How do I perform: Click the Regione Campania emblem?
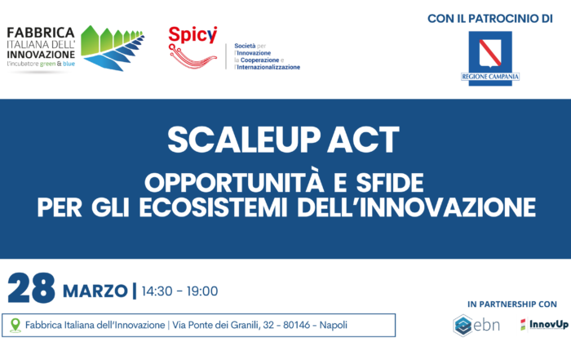490,58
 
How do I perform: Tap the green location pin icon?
15,325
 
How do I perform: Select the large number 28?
31,288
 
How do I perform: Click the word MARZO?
95,291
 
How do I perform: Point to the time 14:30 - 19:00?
179,291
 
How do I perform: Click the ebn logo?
476,325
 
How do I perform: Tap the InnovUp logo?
544,324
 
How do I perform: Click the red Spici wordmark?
193,34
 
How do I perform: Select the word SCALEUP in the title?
244,140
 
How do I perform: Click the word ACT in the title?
363,140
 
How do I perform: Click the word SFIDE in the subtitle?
390,183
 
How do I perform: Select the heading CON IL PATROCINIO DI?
490,19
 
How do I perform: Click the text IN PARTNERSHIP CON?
512,304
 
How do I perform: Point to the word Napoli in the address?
333,325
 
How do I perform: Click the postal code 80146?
296,325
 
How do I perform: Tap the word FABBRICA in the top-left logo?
41,33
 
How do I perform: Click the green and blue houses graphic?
113,48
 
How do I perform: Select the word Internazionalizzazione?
268,67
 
